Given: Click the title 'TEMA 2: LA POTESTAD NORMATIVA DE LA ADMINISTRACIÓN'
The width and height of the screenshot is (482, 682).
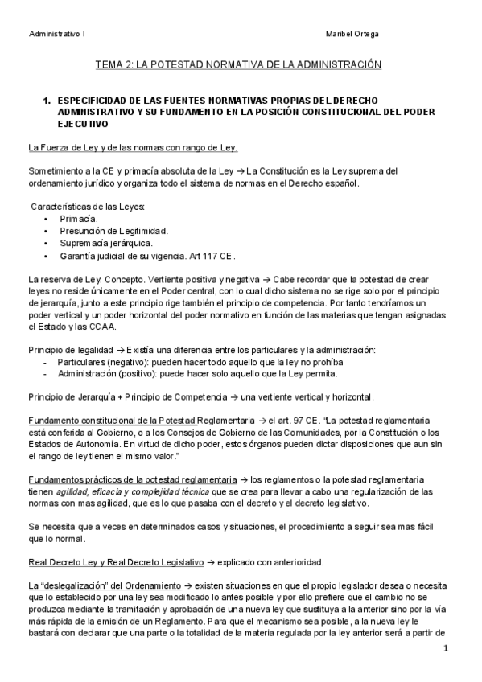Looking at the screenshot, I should pyautogui.click(x=237, y=64).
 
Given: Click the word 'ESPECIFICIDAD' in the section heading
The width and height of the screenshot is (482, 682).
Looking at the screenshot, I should pyautogui.click(x=92, y=101).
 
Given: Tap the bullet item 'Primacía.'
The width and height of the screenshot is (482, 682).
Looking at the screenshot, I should pyautogui.click(x=79, y=218).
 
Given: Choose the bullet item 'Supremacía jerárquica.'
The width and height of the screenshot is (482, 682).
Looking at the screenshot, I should pyautogui.click(x=105, y=243).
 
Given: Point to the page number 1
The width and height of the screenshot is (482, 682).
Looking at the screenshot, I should pyautogui.click(x=444, y=647).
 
